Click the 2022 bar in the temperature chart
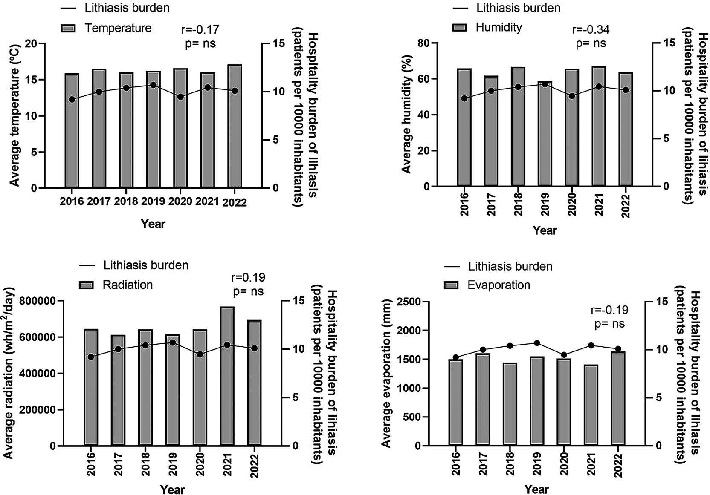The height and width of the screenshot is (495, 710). pos(235,126)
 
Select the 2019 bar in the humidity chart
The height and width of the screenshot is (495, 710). pos(545,133)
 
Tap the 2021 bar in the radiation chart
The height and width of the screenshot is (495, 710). pos(227,376)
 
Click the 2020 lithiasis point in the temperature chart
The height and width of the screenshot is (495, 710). pos(180,97)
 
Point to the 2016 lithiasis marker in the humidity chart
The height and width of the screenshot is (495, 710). pos(464,107)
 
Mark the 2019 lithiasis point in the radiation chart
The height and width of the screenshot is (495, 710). pos(172,342)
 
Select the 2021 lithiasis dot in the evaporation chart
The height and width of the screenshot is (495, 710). pos(591,345)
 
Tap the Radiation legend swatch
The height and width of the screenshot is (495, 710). pos(86,285)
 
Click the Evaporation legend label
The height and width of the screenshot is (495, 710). pos(498,285)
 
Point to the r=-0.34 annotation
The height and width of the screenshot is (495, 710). pos(591,29)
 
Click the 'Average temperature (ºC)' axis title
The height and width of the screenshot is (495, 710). pos(14,115)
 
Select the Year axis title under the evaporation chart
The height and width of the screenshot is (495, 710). pos(536,489)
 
